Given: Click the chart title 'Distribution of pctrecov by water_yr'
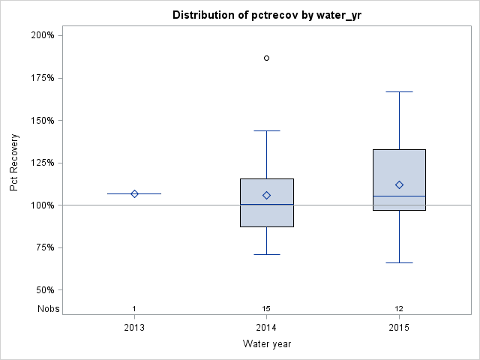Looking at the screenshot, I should pyautogui.click(x=266, y=15).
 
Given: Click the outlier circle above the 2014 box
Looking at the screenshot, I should pyautogui.click(x=267, y=58).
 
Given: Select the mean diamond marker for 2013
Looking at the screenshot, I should pyautogui.click(x=134, y=193).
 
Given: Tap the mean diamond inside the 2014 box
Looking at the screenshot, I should pyautogui.click(x=267, y=195).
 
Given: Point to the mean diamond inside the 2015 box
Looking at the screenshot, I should pyautogui.click(x=399, y=184).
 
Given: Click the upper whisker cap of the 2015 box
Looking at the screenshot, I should pyautogui.click(x=399, y=91).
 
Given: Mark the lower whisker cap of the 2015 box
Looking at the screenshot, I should pyautogui.click(x=399, y=262).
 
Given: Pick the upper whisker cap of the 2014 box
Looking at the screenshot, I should pyautogui.click(x=267, y=130).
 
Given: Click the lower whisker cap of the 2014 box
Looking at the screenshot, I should pyautogui.click(x=267, y=254).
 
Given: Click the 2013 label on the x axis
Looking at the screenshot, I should pyautogui.click(x=134, y=328).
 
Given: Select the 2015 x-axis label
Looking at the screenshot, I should pyautogui.click(x=399, y=328).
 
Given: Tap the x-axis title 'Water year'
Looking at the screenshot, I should pyautogui.click(x=267, y=344).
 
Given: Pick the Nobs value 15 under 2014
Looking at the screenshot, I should pyautogui.click(x=267, y=309).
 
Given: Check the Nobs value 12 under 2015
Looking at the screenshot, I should pyautogui.click(x=399, y=309).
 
